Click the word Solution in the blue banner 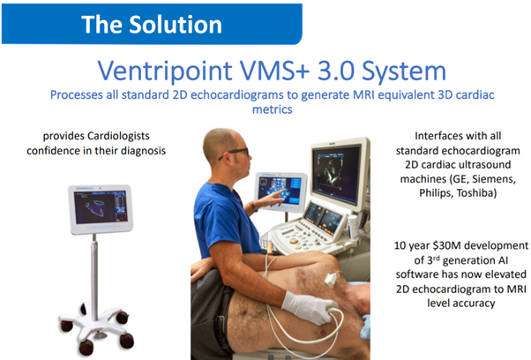pyautogui.click(x=176, y=25)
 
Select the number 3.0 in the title pyautogui.click(x=336, y=71)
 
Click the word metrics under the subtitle pyautogui.click(x=273, y=109)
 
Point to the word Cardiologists pyautogui.click(x=118, y=136)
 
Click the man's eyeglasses pyautogui.click(x=235, y=153)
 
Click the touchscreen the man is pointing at pyautogui.click(x=280, y=191)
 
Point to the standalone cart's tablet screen pyautogui.click(x=101, y=207)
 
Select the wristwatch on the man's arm pyautogui.click(x=252, y=206)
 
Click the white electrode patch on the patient pyautogui.click(x=331, y=279)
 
